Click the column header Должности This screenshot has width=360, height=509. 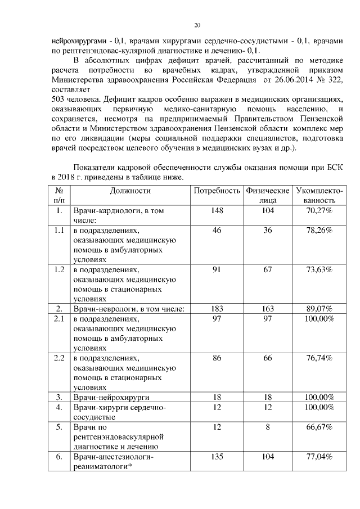click(x=130, y=191)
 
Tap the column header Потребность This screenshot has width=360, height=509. click(x=217, y=191)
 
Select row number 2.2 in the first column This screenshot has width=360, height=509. click(x=59, y=358)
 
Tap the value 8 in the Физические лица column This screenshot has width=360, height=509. click(x=268, y=427)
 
